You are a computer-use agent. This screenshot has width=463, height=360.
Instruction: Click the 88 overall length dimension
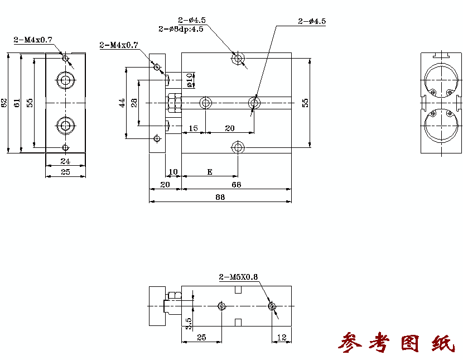[x=220, y=197]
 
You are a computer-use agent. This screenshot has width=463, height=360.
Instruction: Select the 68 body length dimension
[x=236, y=185]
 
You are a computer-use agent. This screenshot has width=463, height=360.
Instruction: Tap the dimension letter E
[x=210, y=172]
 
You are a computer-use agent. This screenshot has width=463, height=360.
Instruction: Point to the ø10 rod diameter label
[x=191, y=80]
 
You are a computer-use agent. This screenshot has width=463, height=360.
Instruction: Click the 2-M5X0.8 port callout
[x=238, y=277]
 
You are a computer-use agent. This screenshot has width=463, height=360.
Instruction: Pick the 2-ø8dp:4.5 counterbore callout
[x=181, y=29]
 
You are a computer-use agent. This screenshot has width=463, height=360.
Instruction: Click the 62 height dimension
[x=4, y=103]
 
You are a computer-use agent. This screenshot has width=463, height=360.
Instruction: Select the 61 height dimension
[x=17, y=103]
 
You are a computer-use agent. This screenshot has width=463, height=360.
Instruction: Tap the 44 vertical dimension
[x=122, y=103]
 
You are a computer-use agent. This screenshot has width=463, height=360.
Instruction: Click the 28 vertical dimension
[x=134, y=103]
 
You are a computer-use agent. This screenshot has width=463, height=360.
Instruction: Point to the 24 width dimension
[x=65, y=161]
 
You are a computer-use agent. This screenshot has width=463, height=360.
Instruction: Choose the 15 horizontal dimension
[x=193, y=128]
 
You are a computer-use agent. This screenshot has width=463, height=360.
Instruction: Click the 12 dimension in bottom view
[x=282, y=337]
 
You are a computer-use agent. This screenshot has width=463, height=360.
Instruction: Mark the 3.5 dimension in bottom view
[x=189, y=324]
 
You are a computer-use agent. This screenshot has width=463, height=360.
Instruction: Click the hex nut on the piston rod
[x=175, y=103]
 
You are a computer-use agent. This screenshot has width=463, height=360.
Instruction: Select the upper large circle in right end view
[x=441, y=80]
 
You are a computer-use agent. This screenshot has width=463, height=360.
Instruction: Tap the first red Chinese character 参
[x=350, y=343]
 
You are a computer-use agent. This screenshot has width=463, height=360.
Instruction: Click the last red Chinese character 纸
[x=443, y=343]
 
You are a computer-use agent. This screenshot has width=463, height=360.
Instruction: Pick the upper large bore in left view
[x=66, y=80]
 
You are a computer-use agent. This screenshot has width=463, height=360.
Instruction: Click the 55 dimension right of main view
[x=305, y=103]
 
